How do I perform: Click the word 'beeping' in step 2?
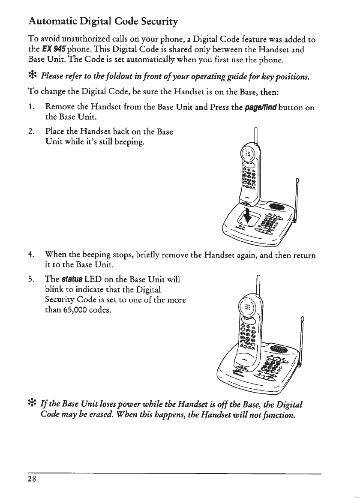130,143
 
